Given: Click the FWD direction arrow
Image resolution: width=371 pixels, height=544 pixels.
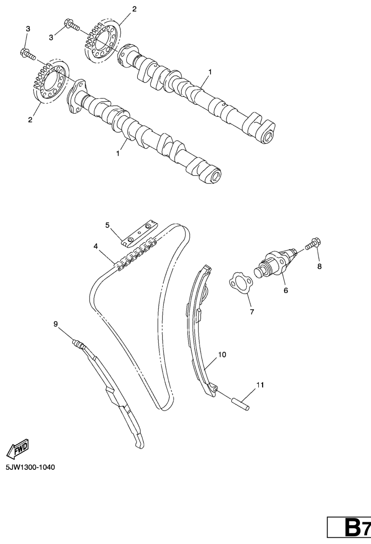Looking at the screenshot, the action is point(17,448).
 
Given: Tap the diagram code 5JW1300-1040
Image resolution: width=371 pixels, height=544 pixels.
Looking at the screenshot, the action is point(30,467).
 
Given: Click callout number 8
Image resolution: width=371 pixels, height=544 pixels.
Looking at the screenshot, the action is point(319,266).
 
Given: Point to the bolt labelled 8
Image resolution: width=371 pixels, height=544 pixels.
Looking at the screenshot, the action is point(313,243).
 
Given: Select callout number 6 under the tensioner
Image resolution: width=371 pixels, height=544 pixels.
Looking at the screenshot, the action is point(286,291).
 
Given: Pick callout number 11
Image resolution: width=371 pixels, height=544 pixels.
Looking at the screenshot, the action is point(260,385).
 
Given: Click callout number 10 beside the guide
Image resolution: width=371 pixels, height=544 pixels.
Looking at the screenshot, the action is point(222,354).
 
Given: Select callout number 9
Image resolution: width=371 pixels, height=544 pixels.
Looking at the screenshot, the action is point(55,324).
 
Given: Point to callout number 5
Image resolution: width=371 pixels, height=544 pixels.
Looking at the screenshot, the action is point(107,226).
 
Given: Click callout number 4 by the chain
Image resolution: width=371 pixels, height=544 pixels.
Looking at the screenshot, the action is point(95,246).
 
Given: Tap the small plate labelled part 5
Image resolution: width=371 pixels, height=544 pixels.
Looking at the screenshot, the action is point(139,233).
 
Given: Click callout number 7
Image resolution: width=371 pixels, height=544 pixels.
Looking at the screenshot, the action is point(252,312).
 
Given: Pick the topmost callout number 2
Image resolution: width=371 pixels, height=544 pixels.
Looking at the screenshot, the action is point(134,9).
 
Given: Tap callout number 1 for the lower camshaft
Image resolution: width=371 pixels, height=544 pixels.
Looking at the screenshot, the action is point(118,153).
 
